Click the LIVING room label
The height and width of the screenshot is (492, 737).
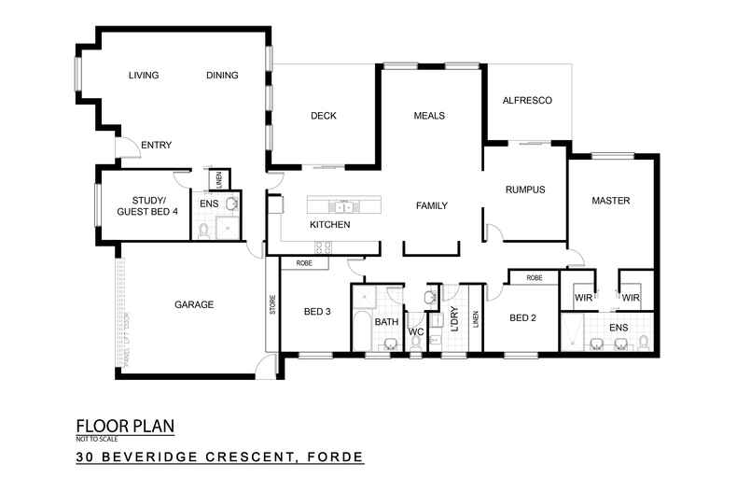tap(144, 76)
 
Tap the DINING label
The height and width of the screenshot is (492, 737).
tap(222, 76)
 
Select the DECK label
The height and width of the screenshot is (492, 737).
tap(323, 116)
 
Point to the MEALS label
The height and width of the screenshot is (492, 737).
tap(429, 116)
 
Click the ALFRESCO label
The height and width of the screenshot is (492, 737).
tap(529, 100)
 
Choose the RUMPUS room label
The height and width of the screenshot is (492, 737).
tap(524, 190)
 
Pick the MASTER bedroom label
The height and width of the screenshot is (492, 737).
tap(611, 201)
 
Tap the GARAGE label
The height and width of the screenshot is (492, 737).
tap(194, 304)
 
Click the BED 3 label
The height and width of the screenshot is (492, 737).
tap(317, 312)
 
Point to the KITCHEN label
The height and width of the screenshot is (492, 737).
tap(330, 225)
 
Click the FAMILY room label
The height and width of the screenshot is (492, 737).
tap(432, 205)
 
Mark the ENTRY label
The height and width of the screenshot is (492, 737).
tap(155, 145)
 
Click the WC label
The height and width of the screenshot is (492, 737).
tap(417, 330)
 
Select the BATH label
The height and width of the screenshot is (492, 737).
tap(386, 322)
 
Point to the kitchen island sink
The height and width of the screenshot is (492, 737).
tap(343, 205)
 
